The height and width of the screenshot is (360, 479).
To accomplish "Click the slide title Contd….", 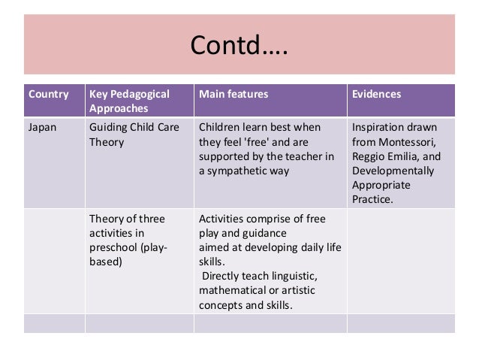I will pyautogui.click(x=239, y=48).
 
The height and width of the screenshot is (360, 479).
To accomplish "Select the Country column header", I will pyautogui.click(x=48, y=95).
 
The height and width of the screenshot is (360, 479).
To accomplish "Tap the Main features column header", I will pyautogui.click(x=233, y=95).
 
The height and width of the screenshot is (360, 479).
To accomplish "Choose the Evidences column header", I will pyautogui.click(x=376, y=95).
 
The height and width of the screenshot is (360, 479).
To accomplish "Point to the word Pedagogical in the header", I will pyautogui.click(x=140, y=95).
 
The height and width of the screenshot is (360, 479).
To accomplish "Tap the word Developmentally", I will pyautogui.click(x=393, y=171).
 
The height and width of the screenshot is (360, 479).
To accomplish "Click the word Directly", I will pyautogui.click(x=220, y=277).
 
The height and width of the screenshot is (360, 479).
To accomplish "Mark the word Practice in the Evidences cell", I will pyautogui.click(x=372, y=199).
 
